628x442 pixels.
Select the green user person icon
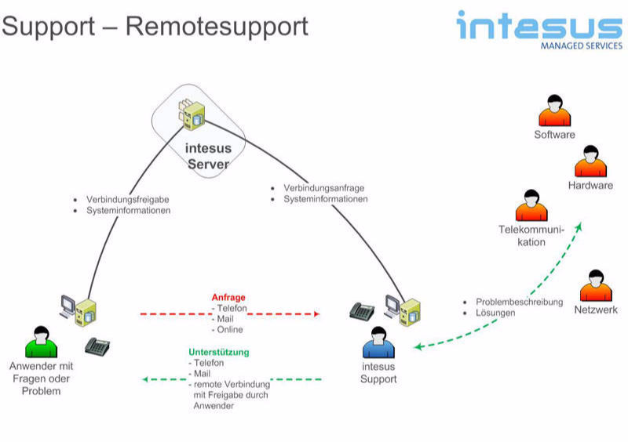click(41, 342)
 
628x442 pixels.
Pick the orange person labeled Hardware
click(590, 161)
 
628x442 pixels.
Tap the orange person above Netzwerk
click(596, 286)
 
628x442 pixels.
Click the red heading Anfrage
click(228, 298)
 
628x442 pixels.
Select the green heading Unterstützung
click(218, 353)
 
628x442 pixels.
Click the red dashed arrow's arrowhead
click(316, 313)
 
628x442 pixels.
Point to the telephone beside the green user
click(97, 346)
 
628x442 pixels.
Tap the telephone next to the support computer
click(362, 310)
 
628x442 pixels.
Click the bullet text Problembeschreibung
click(519, 302)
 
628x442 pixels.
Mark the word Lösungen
click(495, 313)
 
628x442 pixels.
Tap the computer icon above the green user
click(79, 309)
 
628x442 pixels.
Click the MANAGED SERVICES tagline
click(581, 45)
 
